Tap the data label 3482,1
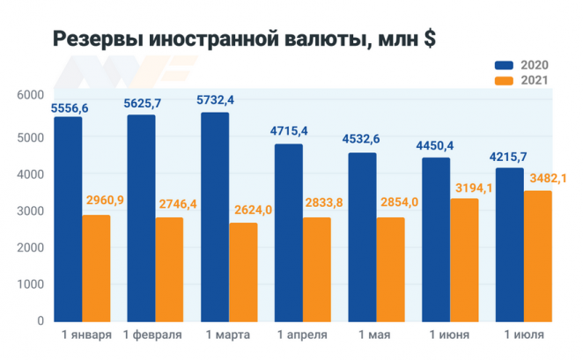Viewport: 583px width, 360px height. coord(547,178)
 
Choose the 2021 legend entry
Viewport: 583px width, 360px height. coord(521,81)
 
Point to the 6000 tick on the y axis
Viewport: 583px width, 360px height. coord(29,95)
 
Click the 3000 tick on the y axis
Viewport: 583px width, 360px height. coord(29,210)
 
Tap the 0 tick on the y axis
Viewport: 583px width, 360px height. coord(40,321)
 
